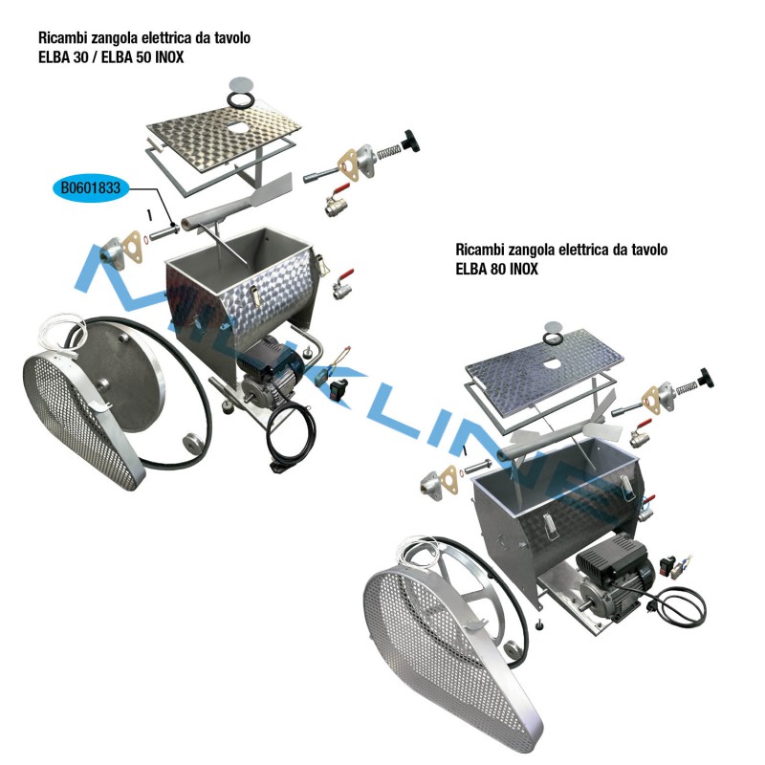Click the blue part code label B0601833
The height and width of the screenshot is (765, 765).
coord(90,188)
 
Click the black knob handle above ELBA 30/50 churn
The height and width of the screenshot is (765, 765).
coord(414,142)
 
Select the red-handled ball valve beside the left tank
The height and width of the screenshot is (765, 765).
coord(340,283)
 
